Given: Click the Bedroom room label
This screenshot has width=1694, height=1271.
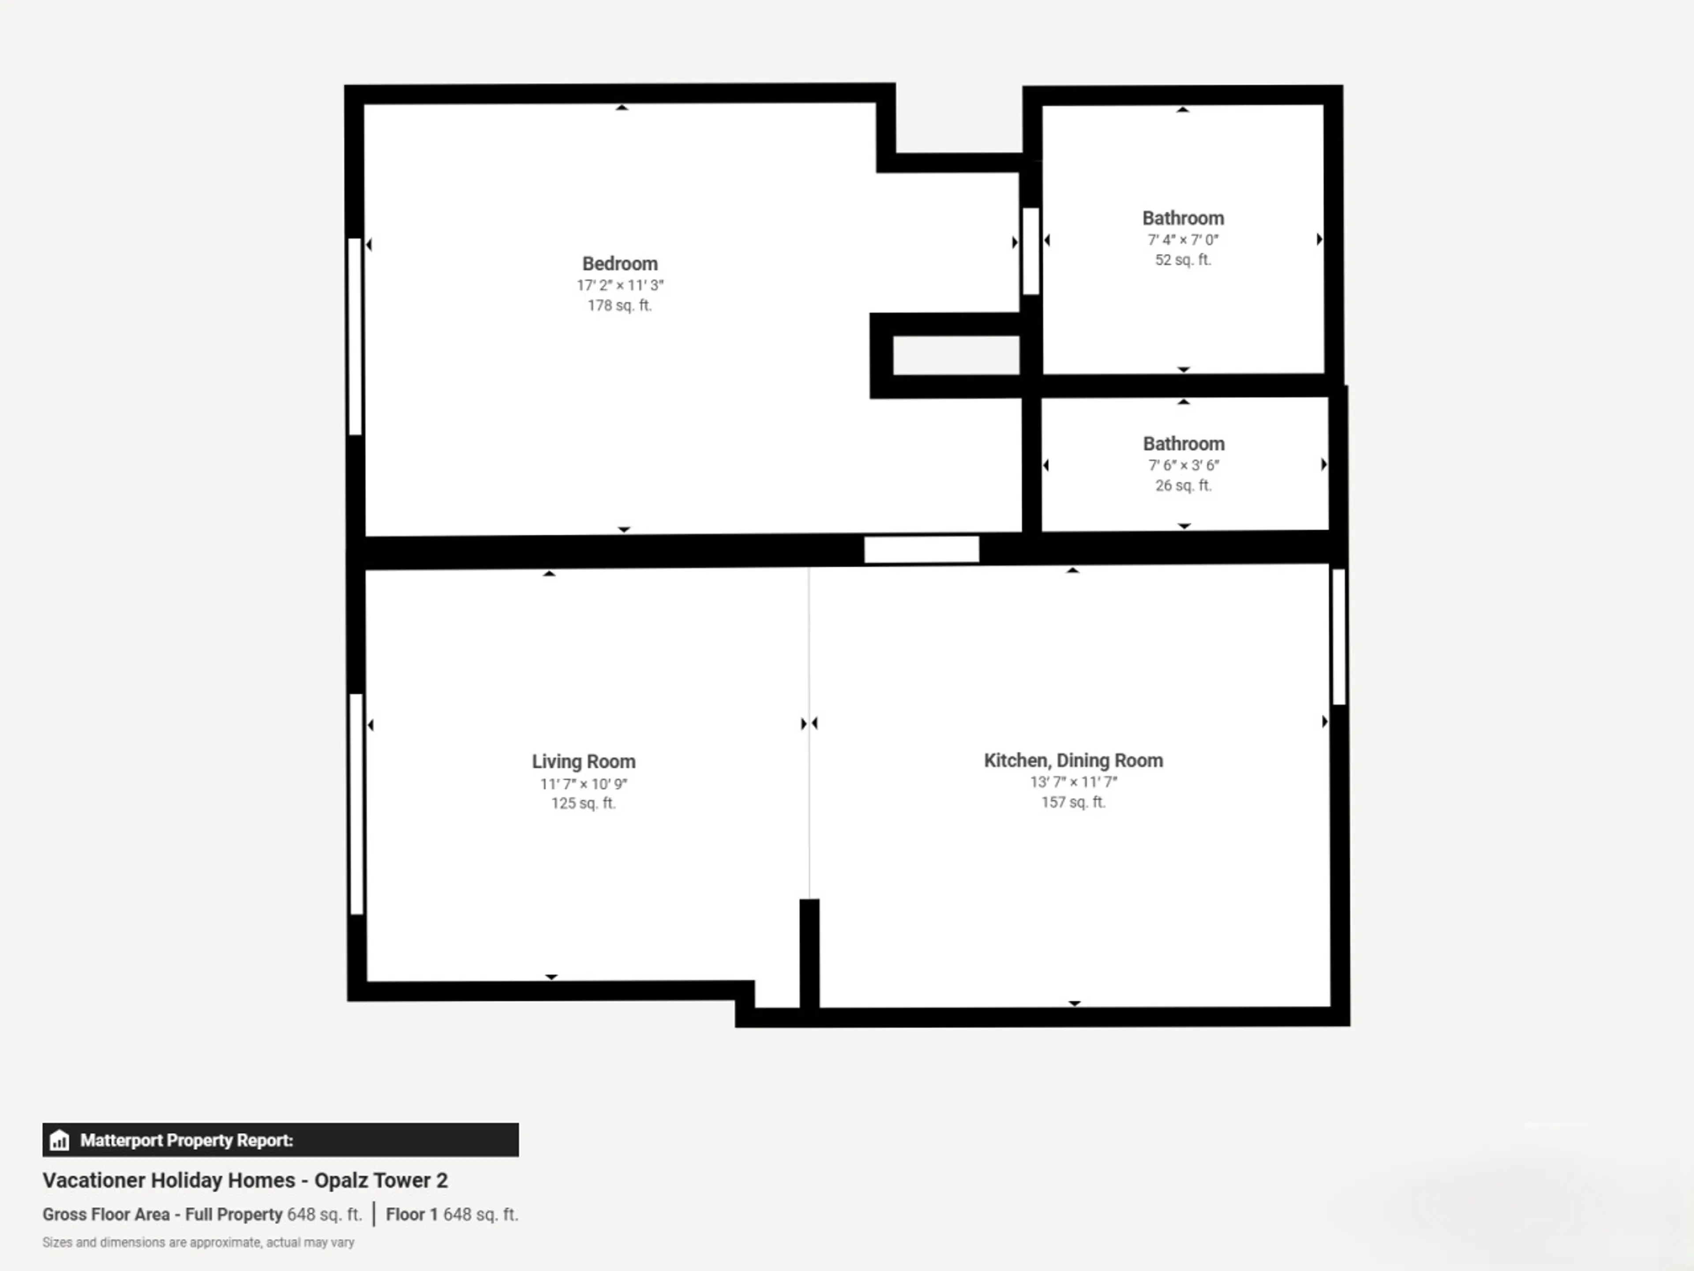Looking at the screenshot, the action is coord(619,263).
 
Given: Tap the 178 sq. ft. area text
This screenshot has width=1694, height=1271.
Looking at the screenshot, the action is coord(619,305).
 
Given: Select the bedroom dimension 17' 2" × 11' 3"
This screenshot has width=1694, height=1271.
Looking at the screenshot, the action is coord(619,285).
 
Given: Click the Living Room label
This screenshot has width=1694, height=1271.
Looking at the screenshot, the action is coord(584,762).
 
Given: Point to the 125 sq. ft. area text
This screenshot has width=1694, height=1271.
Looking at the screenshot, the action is coord(584,803).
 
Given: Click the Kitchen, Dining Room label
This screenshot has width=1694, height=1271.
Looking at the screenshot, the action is coord(1073,761).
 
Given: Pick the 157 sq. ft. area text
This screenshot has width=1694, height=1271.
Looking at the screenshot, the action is coord(1073,802).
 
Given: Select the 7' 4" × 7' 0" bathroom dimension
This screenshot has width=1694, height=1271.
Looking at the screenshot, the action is coord(1182,240).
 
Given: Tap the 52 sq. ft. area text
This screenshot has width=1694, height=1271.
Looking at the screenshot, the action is coord(1182,259).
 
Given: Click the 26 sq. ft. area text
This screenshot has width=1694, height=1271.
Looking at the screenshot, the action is coord(1183,485).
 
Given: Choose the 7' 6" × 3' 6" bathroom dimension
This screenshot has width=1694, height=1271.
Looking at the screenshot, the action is coord(1183,465).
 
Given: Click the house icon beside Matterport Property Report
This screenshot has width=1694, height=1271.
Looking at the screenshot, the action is coord(59,1140).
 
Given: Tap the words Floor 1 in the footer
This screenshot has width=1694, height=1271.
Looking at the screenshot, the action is coord(411,1215).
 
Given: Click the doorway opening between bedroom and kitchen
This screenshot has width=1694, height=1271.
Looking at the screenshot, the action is coord(921,549).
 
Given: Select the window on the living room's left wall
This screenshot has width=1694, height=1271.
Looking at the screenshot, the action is coord(356,804).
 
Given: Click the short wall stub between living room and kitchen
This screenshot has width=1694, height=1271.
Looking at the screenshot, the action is coord(810,954).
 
